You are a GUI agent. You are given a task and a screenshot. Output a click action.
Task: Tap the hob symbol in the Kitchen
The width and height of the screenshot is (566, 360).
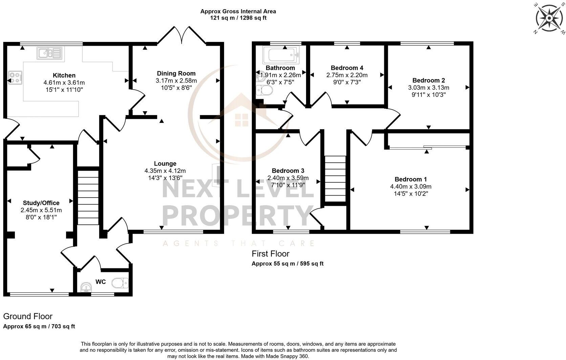click(x=15, y=77)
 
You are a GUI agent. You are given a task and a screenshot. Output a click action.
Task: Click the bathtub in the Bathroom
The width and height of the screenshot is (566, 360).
click(x=281, y=54)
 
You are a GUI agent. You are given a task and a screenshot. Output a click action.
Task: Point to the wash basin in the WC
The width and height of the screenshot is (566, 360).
click(x=87, y=287)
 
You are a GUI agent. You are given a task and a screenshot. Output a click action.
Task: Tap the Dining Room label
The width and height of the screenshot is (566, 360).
click(x=176, y=73)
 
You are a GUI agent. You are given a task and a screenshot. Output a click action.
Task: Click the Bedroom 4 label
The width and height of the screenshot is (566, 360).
click(x=347, y=68)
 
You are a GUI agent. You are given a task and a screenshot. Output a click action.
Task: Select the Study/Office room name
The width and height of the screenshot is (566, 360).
click(x=41, y=203)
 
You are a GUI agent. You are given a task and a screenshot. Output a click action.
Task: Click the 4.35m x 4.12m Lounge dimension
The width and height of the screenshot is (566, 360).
click(x=165, y=171)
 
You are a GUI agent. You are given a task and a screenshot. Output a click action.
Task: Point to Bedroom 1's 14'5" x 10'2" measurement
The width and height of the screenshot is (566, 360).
click(x=411, y=194)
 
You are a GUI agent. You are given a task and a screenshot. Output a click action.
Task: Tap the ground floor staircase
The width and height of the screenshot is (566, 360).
click(x=88, y=198)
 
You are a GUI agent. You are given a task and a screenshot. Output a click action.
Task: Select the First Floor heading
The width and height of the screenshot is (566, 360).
click(x=270, y=254)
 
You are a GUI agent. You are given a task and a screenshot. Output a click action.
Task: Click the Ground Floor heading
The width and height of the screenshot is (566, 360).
click(x=28, y=316)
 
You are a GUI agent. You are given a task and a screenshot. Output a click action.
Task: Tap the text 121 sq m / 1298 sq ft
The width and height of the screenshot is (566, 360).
click(x=238, y=18)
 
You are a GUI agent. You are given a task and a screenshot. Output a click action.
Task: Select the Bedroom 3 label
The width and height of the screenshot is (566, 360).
click(x=288, y=171)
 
